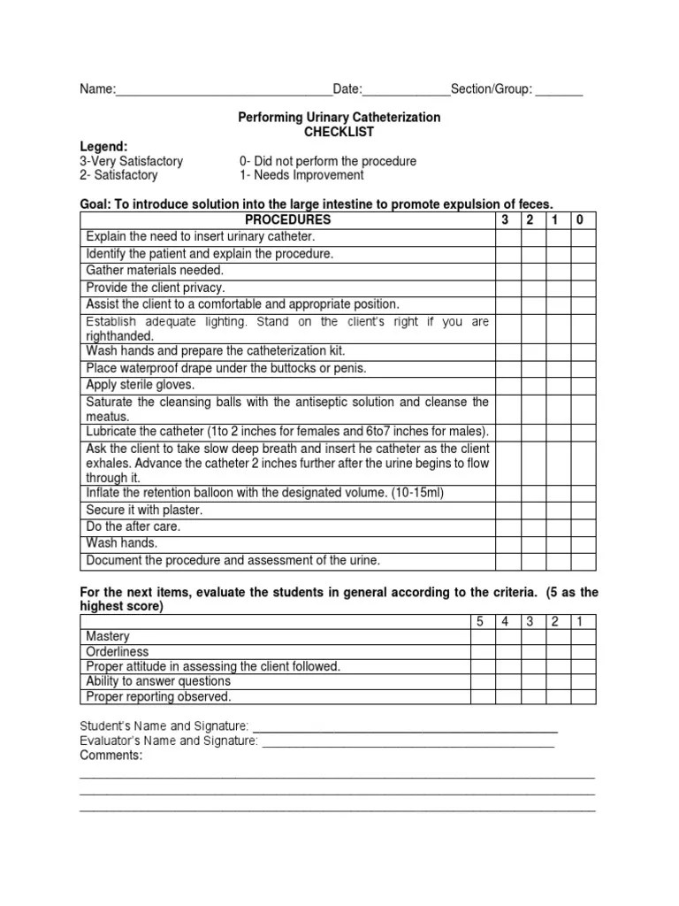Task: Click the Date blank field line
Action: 406,93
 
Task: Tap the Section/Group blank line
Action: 559,93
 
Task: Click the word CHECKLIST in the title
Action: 339,132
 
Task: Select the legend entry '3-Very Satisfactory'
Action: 132,161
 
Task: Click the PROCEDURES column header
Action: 287,219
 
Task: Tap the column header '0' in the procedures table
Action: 580,219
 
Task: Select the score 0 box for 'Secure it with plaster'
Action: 583,510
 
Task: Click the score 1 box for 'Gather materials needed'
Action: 557,270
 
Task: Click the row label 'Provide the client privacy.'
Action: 156,288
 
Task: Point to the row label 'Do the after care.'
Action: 134,526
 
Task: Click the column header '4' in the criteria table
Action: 506,621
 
